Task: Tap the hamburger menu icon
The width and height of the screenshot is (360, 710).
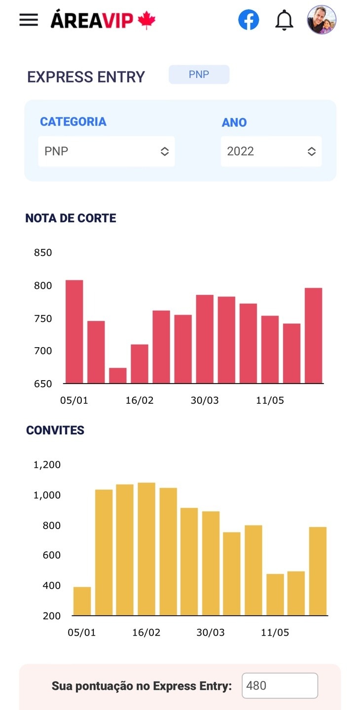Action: pos(29,20)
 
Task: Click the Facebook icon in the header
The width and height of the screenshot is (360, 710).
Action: pos(249,20)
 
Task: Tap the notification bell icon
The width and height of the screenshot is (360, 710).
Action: pos(284,20)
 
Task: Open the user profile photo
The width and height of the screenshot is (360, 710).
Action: pos(322,20)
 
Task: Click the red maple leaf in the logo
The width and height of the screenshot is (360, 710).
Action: pos(146,20)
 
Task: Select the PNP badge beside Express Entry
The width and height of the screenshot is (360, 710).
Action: pos(199,74)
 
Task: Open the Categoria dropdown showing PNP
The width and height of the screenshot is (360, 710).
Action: pos(107,151)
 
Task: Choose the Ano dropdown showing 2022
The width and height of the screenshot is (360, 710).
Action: pos(271,151)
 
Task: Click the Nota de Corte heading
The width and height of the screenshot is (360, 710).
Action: pos(71,218)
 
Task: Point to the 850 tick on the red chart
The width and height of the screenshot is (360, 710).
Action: pos(43,253)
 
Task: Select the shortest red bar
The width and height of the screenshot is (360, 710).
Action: pos(118,375)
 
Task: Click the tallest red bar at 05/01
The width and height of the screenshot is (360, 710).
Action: pos(74,331)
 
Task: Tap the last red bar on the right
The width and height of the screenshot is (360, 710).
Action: pos(314,335)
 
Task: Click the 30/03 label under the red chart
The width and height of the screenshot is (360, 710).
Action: pos(205,400)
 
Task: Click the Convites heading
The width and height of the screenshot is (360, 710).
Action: pos(55,430)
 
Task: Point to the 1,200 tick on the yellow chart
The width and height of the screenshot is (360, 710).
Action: pos(47,465)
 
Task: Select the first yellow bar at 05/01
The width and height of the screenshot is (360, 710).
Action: pos(82,601)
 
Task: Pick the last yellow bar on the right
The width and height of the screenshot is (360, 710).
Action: pos(318,571)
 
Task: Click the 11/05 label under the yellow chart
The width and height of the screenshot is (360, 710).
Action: pos(275,633)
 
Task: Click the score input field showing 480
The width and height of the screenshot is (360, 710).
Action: pos(280,685)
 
